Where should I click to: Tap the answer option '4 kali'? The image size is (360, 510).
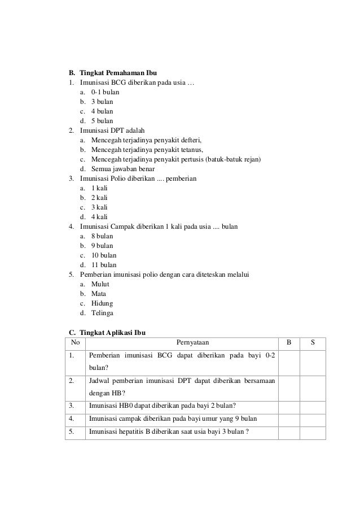click(x=99, y=217)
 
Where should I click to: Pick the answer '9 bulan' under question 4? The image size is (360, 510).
click(x=102, y=246)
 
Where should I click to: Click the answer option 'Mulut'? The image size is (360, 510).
click(x=100, y=284)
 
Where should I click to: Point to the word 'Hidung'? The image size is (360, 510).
click(x=102, y=303)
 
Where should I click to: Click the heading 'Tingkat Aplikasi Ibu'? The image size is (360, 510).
click(x=113, y=332)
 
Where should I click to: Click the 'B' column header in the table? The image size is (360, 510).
click(x=289, y=342)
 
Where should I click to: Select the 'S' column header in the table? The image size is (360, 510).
click(x=313, y=342)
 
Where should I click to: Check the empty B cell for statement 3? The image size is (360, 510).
click(x=289, y=405)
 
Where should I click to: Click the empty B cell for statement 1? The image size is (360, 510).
click(x=289, y=362)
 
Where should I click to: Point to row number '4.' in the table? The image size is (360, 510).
click(x=72, y=419)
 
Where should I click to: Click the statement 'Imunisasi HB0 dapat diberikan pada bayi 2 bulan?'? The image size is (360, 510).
click(x=162, y=405)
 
